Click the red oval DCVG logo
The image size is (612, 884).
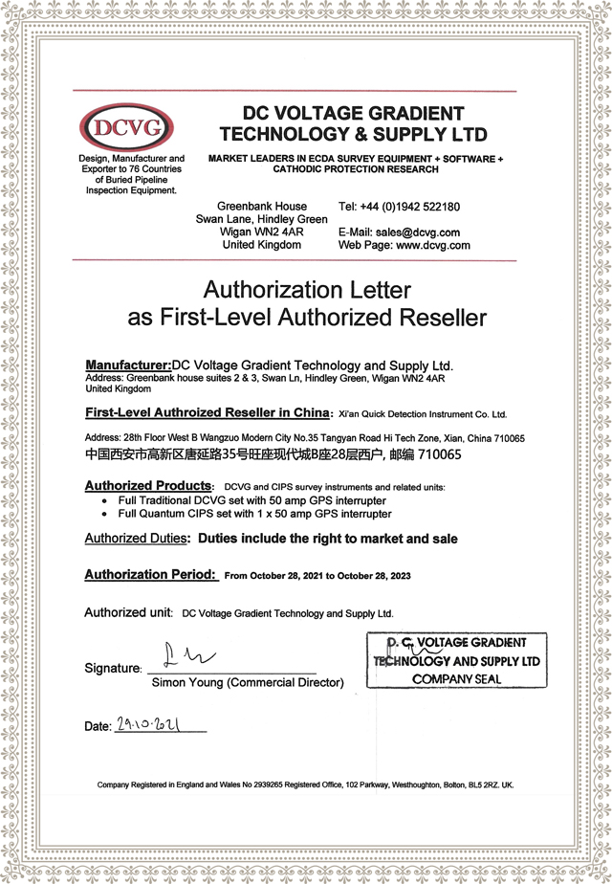[128, 126]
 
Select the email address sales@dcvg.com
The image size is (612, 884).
[417, 232]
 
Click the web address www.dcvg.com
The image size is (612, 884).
[432, 246]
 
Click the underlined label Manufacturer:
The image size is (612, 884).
[127, 365]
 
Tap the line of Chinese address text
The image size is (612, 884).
[273, 454]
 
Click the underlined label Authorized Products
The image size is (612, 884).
[147, 486]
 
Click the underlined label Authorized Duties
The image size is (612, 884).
[136, 539]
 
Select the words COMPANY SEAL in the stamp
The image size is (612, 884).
[457, 679]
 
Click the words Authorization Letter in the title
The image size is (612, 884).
[307, 289]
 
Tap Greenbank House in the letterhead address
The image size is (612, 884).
[262, 207]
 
